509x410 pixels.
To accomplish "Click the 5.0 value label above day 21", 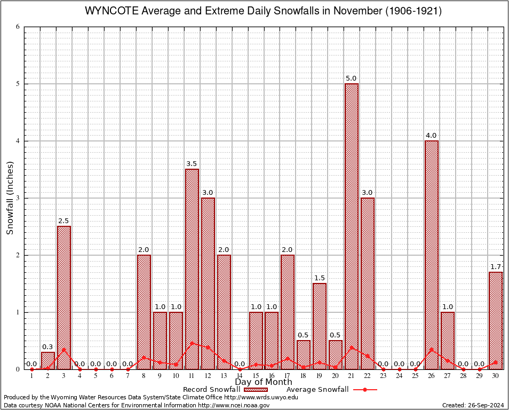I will pyautogui.click(x=351, y=78).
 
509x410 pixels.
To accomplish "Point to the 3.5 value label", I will pyautogui.click(x=192, y=163).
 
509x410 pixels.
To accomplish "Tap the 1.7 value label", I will pyautogui.click(x=496, y=266).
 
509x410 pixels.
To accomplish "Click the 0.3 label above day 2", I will pyautogui.click(x=48, y=346).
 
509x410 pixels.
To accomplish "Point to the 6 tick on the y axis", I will pyautogui.click(x=18, y=27).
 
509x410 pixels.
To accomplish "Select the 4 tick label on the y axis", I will pyautogui.click(x=18, y=141).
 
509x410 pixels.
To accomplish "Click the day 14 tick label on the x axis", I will pyautogui.click(x=240, y=376).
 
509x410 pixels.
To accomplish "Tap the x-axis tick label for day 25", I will pyautogui.click(x=416, y=376).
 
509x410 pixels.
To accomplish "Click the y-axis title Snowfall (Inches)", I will pyautogui.click(x=10, y=198).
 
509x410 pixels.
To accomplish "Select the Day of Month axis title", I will pyautogui.click(x=264, y=382).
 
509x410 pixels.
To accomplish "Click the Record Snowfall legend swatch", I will pyautogui.click(x=256, y=390).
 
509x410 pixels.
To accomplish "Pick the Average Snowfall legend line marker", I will pyautogui.click(x=364, y=390).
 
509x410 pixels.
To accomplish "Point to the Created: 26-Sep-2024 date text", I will pyautogui.click(x=473, y=405).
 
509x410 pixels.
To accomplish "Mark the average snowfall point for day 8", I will pyautogui.click(x=144, y=358).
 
